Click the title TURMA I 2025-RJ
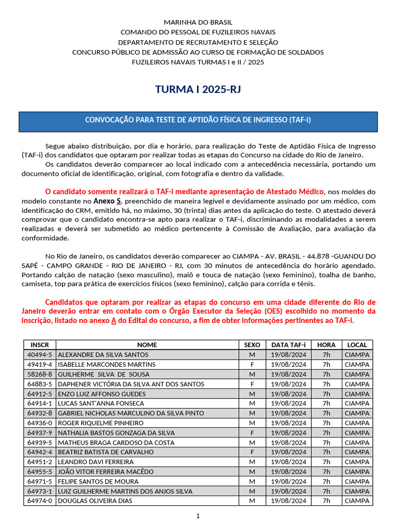198,90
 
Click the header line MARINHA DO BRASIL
198,22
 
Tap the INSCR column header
40,345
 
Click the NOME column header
147,345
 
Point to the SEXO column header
252,345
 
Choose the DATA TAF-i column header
288,345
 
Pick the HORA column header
326,345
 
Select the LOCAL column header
357,345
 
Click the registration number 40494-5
40,354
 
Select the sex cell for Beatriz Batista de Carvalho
252,452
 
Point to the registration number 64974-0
40,501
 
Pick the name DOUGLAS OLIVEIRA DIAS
95,501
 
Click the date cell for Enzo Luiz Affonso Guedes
288,394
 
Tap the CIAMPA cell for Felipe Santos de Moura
357,481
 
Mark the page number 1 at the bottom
197,516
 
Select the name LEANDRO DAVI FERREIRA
95,462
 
